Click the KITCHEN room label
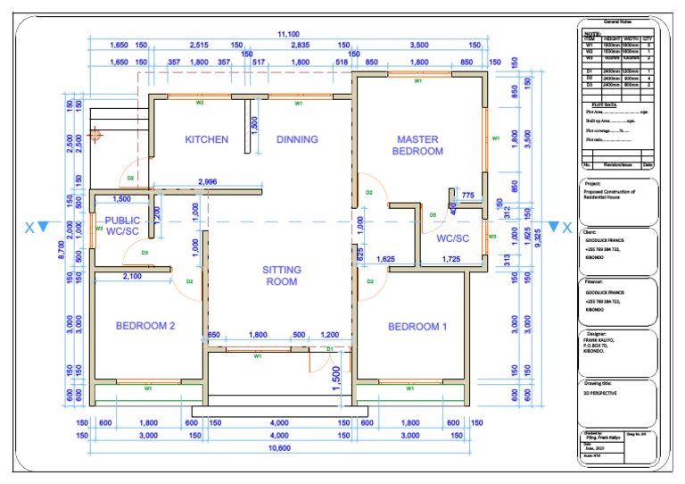(206, 139)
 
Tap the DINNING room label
(297, 139)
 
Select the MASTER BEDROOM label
(417, 145)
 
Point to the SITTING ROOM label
(281, 275)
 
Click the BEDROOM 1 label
(417, 327)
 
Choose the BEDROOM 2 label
(144, 326)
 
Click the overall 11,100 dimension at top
(287, 34)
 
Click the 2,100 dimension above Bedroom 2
(131, 277)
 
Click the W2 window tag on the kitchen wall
(200, 104)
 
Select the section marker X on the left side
(29, 228)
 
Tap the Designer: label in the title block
(593, 333)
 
